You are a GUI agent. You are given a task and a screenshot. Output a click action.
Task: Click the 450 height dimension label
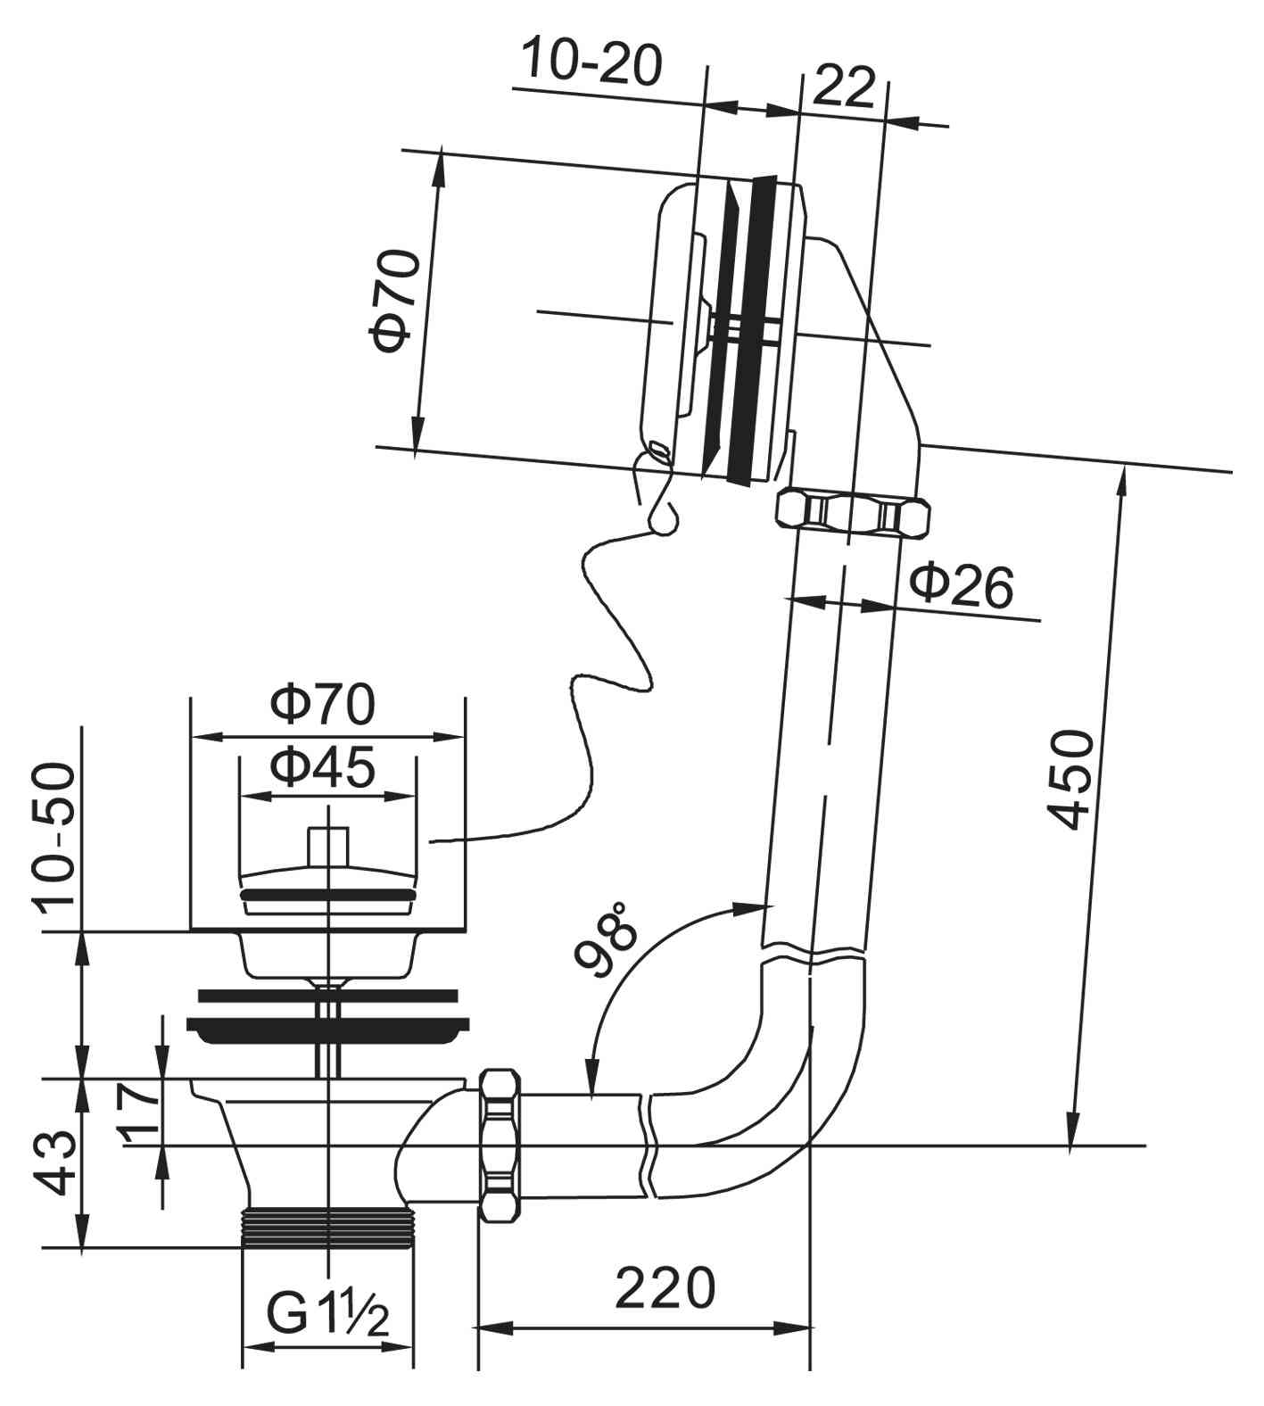pos(1071,779)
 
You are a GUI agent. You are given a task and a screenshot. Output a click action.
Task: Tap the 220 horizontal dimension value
pos(665,1286)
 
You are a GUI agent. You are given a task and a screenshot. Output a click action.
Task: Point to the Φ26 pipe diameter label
pos(962,586)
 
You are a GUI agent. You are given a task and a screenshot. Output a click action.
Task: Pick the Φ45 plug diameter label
pos(324,767)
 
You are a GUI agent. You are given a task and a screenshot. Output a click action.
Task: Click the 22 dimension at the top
pos(844,87)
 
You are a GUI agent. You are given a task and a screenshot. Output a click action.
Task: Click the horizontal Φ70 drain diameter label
pos(324,704)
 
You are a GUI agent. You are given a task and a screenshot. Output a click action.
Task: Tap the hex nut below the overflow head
pos(853,513)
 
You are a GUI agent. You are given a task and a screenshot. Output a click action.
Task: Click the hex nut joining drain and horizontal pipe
pos(500,1145)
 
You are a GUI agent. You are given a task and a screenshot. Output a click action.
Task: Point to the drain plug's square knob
pos(328,845)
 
